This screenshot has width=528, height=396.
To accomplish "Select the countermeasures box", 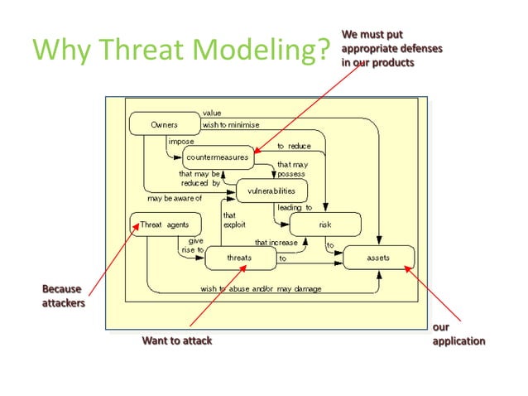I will point(217,157).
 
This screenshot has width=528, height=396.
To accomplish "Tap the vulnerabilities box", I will point(271,191).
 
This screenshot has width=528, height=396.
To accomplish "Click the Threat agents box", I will point(165,225).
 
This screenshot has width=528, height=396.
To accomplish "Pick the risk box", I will point(325,225).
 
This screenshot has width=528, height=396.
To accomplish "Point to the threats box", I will point(239,258).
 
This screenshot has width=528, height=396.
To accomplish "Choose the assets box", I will point(377,258).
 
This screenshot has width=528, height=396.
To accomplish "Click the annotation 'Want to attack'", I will point(177,340).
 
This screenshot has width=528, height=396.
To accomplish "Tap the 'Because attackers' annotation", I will point(63,296).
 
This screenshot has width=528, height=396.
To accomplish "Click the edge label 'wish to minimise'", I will point(231,125).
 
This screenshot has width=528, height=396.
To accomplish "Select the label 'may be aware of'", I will point(175,198).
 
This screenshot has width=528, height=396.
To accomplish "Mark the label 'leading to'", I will point(295,208).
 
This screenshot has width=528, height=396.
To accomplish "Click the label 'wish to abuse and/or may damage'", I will point(261,288).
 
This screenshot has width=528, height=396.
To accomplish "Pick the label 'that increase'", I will point(276,243).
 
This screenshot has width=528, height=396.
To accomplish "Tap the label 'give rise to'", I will point(192,245).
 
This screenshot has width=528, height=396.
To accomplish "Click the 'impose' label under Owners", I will point(180,142).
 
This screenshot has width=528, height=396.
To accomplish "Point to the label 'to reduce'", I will point(294,145).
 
